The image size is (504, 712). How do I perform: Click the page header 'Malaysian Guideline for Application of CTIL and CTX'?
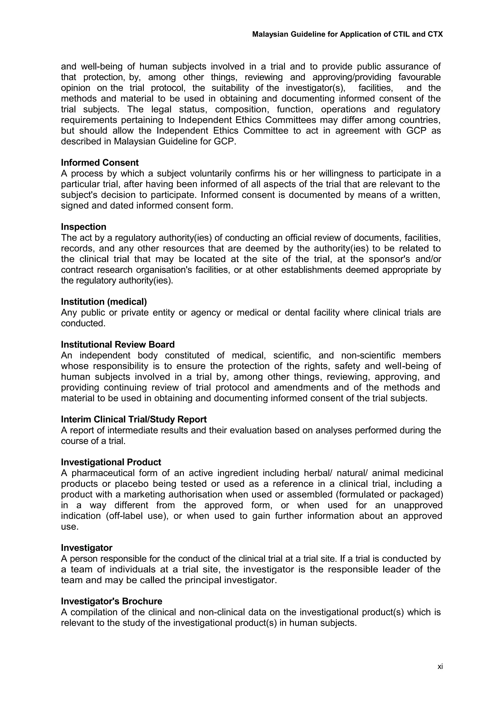click(x=347, y=34)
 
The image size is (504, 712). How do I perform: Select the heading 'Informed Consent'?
click(x=100, y=163)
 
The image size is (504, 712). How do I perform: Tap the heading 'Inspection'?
click(x=83, y=227)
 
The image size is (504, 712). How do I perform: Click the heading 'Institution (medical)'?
click(x=104, y=301)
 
